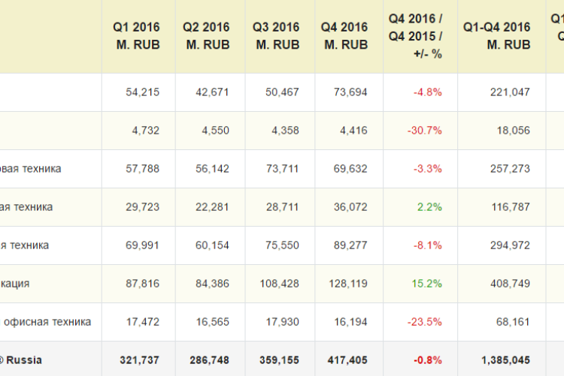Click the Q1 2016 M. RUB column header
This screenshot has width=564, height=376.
(138, 36)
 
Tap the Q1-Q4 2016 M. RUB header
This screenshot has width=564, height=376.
(497, 36)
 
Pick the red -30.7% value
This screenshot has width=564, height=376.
(425, 131)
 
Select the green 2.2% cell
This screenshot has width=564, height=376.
(429, 207)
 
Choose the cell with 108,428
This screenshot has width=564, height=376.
(277, 284)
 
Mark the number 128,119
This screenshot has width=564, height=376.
(347, 284)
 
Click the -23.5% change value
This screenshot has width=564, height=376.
(425, 322)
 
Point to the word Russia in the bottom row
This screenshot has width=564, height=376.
(25, 360)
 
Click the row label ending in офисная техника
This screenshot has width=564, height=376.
(48, 322)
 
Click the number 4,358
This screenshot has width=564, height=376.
(284, 131)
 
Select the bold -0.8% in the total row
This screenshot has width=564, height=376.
(427, 360)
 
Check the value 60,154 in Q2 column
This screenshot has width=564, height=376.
(211, 245)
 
